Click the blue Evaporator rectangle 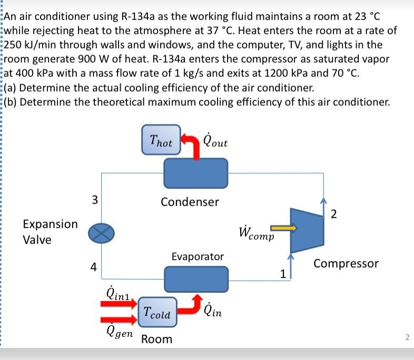point(196,277)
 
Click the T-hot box point(161,141)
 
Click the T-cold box point(157,314)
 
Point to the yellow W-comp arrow point(284,228)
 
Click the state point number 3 point(94,199)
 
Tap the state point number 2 point(333,213)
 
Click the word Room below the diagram point(156,339)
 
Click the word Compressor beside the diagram point(346,263)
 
